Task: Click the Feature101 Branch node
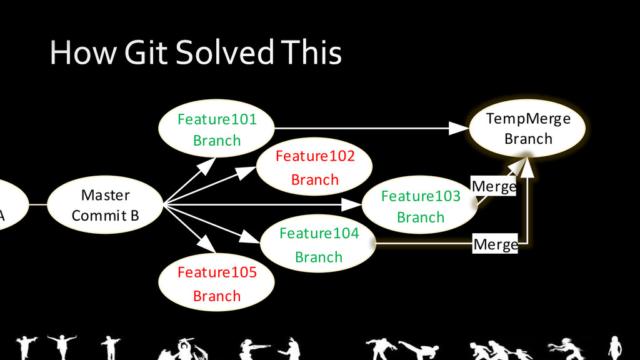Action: (217, 129)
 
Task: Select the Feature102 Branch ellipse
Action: (314, 167)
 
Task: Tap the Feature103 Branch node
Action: (420, 206)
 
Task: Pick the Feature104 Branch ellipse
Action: (318, 244)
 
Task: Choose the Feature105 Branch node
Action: (217, 283)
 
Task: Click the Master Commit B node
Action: (105, 205)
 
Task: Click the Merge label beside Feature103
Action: (494, 186)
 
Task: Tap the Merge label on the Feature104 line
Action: (496, 244)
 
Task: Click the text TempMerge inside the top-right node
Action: (528, 119)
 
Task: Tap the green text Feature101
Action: (217, 119)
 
